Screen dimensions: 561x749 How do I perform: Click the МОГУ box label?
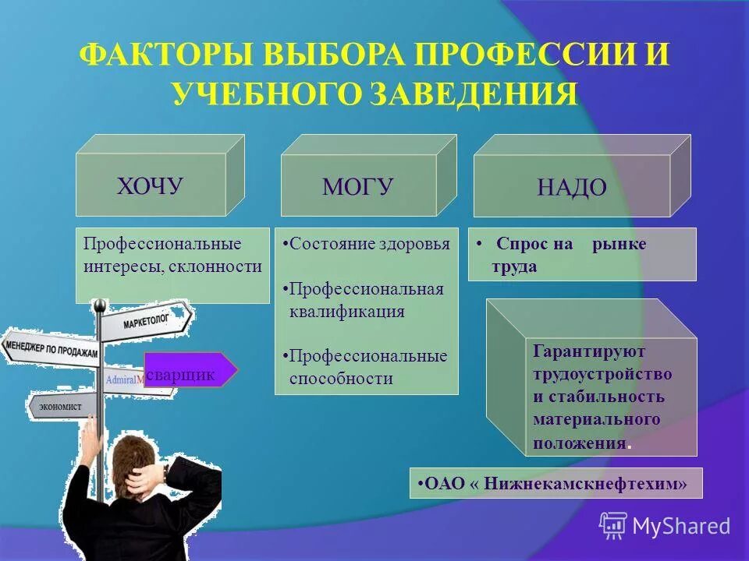[357, 187]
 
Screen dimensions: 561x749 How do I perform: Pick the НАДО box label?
[571, 188]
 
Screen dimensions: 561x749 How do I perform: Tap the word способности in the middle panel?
[341, 379]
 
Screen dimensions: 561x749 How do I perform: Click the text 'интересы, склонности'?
[172, 266]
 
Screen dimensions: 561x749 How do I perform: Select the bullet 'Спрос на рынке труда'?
[570, 254]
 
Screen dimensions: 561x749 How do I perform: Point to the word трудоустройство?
[602, 373]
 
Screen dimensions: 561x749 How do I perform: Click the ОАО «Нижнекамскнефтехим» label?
[556, 483]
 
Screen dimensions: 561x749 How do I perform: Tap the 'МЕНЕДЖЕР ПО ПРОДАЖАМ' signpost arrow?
[51, 348]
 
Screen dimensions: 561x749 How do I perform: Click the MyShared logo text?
[680, 526]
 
